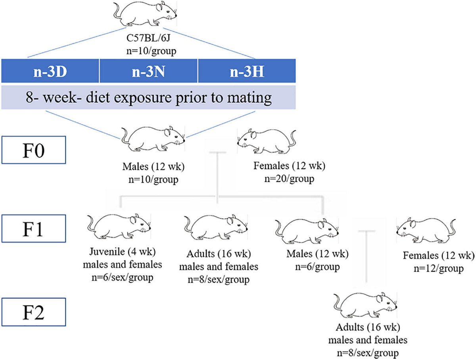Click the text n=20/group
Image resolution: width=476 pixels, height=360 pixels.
tap(290, 179)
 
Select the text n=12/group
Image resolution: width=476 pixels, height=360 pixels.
tap(438, 269)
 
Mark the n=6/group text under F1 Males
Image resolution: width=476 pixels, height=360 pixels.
tap(313, 267)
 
